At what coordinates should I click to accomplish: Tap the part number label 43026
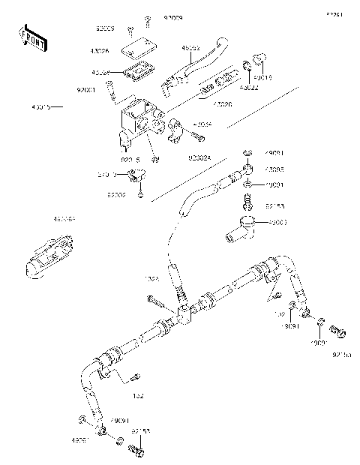(x=100, y=51)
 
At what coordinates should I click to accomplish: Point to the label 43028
(x=100, y=73)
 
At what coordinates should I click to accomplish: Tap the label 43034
(x=202, y=124)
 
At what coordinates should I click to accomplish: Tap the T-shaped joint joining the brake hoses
(x=185, y=316)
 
